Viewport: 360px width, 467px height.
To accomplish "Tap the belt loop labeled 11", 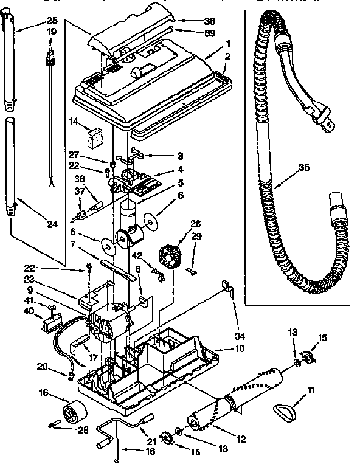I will point(284,413).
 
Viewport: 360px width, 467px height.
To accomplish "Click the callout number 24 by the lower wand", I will point(52,224).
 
